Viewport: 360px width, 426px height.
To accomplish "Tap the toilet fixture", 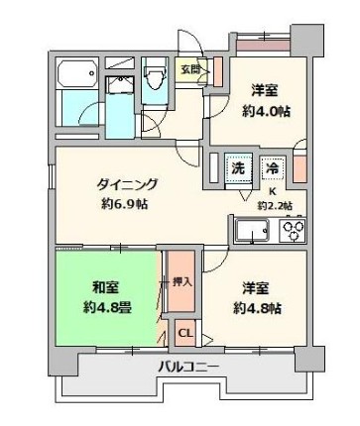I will (x=155, y=79).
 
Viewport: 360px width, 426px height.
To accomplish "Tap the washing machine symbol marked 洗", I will (x=238, y=169).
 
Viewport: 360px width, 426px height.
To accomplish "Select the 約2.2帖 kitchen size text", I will (x=275, y=207).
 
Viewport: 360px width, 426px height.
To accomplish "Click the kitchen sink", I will (x=254, y=234).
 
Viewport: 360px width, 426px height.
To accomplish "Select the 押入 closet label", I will (x=181, y=281).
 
